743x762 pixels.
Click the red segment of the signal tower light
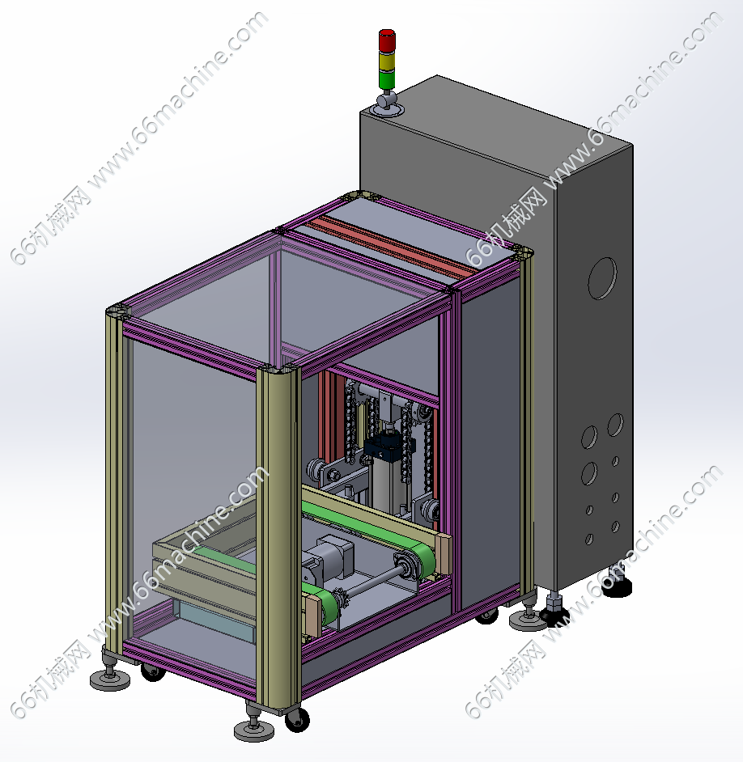tap(387, 40)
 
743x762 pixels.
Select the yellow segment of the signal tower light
tap(387, 61)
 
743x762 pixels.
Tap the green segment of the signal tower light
tap(387, 80)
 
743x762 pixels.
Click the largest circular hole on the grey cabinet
tap(602, 278)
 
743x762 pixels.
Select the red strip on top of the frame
tap(390, 245)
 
